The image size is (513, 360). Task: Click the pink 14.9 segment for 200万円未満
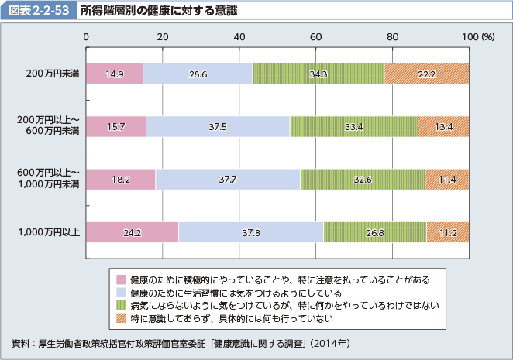click(115, 74)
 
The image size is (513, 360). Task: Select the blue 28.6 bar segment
click(198, 74)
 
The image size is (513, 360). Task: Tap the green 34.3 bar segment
click(318, 74)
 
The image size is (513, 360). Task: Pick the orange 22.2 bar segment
click(426, 74)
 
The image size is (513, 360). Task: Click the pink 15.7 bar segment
click(116, 126)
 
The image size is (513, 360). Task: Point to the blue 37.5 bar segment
click(218, 126)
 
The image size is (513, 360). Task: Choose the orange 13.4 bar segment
click(443, 126)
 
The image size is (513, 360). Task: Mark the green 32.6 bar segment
click(362, 180)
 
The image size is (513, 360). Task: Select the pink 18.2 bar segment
click(121, 180)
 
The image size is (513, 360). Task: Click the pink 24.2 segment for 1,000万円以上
click(133, 232)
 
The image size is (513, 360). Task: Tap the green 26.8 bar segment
click(375, 232)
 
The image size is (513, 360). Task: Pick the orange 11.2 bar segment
click(448, 232)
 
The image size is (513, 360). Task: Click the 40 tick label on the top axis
click(239, 36)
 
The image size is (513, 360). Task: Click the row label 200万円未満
click(52, 74)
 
